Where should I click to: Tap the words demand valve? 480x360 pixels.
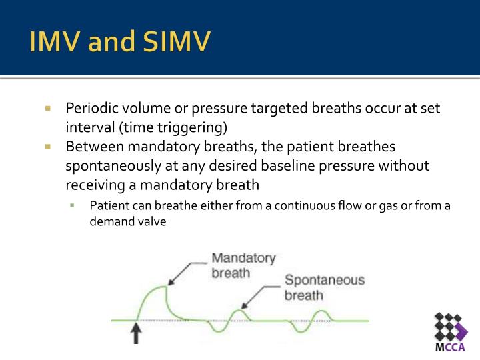(127, 222)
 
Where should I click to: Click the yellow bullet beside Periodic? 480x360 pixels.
(48, 108)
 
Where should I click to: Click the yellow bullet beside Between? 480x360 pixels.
(48, 146)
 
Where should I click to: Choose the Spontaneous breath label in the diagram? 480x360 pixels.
(324, 287)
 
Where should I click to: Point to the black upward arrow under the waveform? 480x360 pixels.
(136, 333)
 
